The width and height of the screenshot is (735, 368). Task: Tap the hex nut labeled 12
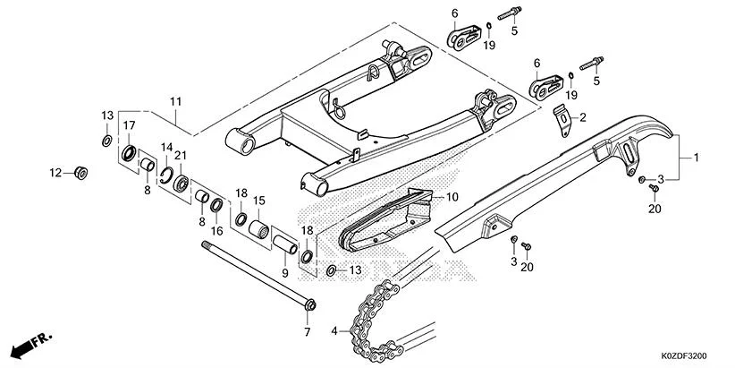pos(80,173)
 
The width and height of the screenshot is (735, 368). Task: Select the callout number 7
pos(305,332)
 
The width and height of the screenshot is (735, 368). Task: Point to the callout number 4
pos(335,331)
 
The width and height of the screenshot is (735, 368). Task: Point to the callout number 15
pos(258,201)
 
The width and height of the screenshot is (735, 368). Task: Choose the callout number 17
pos(130,125)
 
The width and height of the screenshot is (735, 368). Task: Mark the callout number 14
pos(166,147)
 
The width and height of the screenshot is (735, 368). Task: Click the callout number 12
pos(55,172)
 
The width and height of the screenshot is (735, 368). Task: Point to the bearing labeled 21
pos(182,183)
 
